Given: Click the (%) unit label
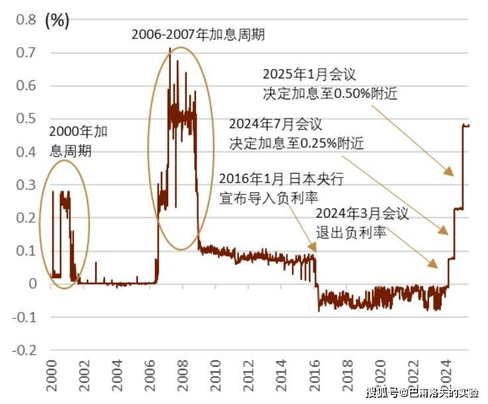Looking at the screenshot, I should tap(56, 21).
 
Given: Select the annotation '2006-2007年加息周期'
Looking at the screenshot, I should tap(197, 34).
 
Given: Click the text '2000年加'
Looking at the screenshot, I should tap(78, 131).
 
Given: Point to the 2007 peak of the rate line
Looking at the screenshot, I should tap(170, 49).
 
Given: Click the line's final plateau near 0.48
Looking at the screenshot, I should tap(466, 125).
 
